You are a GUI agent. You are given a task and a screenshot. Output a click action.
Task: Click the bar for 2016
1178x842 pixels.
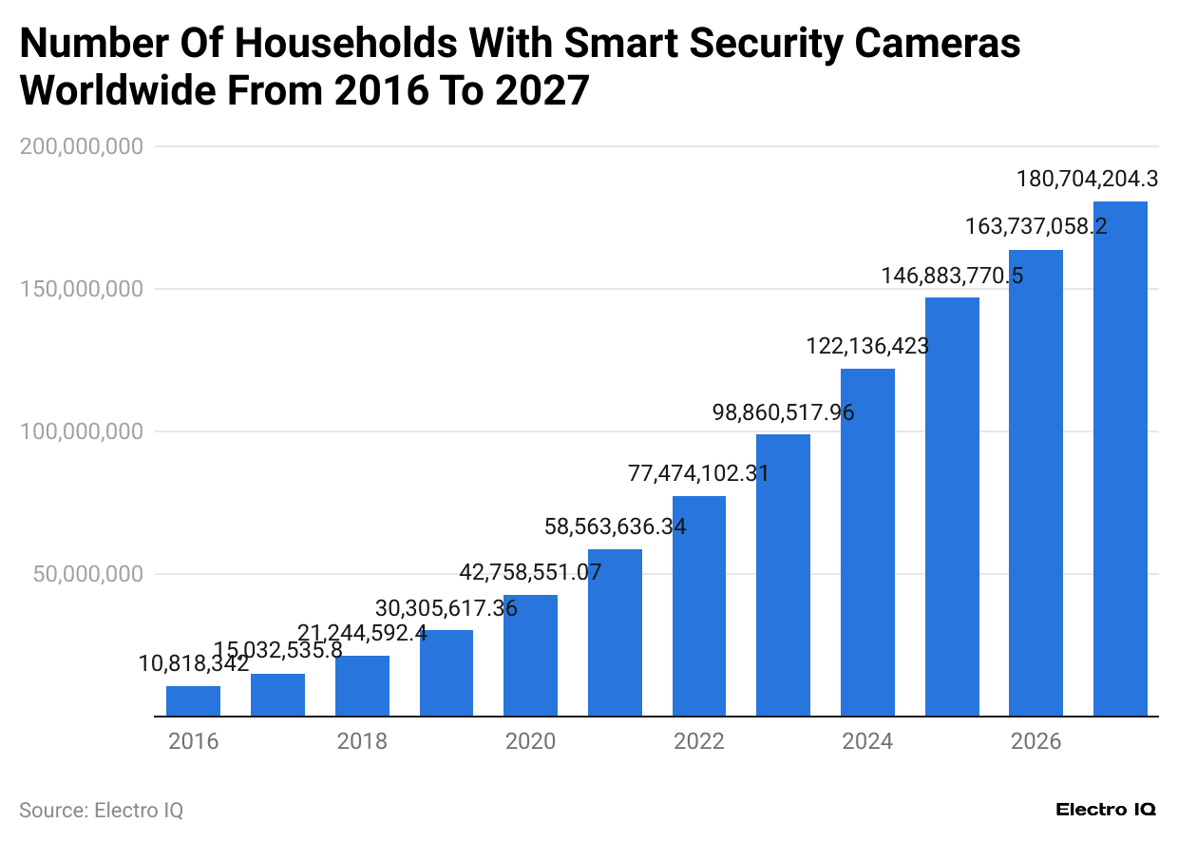point(193,701)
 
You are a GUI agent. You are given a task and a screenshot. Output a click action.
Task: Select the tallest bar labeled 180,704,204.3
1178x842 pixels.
point(1120,458)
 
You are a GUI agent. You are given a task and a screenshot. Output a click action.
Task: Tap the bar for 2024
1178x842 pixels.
point(867,542)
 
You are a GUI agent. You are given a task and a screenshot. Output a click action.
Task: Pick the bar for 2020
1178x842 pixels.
point(530,655)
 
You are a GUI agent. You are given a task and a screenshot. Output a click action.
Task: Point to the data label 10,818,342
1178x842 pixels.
point(194,664)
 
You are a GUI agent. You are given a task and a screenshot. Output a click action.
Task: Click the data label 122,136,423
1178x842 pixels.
point(867,346)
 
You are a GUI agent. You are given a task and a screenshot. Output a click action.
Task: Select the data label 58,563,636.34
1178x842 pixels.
point(615,526)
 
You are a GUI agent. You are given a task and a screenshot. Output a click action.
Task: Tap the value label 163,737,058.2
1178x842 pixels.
point(1035,227)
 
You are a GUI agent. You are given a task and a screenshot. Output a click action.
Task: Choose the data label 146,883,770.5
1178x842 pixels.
point(952,276)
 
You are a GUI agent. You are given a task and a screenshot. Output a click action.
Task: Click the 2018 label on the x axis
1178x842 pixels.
point(362,741)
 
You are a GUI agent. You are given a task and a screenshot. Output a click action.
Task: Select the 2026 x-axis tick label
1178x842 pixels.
point(1035,741)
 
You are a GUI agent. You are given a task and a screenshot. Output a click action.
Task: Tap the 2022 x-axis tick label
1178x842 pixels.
point(699,741)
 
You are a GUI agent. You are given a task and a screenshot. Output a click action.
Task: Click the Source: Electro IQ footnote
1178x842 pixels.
point(101,811)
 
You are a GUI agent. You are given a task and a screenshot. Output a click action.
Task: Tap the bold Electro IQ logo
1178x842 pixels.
point(1106,810)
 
